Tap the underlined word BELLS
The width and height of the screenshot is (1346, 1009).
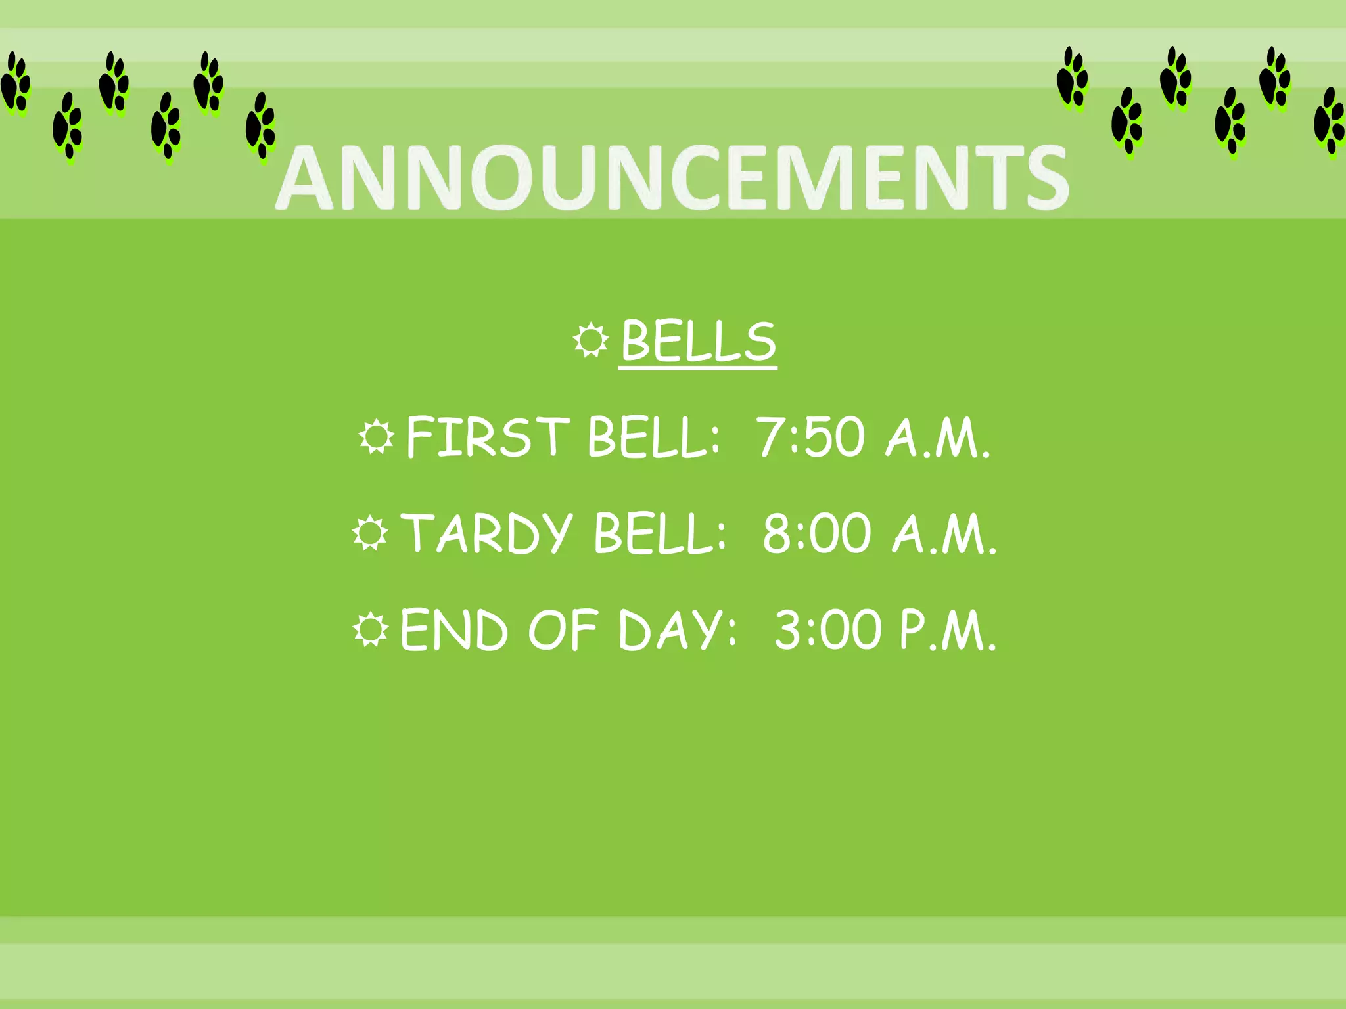(698, 342)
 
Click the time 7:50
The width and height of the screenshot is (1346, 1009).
(810, 437)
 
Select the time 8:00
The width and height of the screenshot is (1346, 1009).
(816, 534)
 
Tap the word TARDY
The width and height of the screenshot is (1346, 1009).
(487, 534)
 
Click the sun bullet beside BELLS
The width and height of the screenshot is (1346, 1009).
(591, 340)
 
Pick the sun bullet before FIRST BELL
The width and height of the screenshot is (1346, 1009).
(376, 437)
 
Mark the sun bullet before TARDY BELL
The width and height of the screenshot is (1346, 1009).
(370, 533)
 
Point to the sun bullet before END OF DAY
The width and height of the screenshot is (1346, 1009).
(371, 629)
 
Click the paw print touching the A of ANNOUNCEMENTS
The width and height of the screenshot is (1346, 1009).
(261, 126)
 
